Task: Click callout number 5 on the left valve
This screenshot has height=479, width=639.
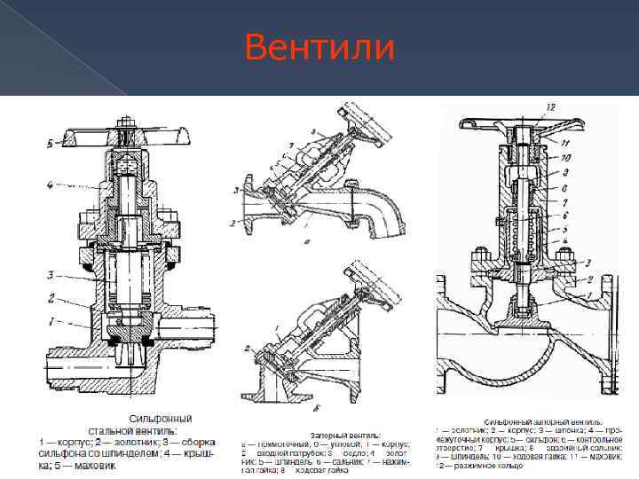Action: pyautogui.click(x=51, y=142)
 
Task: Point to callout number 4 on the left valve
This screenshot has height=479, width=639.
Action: pyautogui.click(x=51, y=185)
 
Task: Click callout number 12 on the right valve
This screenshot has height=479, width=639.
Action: pyautogui.click(x=551, y=107)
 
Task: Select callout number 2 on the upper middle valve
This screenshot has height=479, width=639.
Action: pyautogui.click(x=234, y=223)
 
